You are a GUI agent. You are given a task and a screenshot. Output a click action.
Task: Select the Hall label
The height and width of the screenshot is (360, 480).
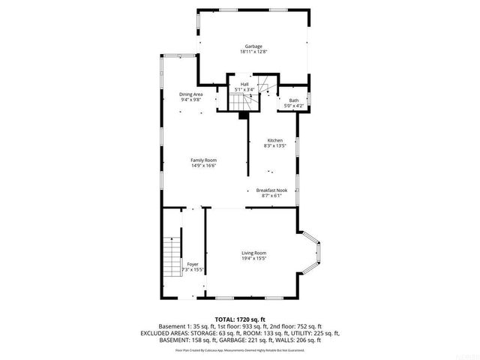(x=244, y=84)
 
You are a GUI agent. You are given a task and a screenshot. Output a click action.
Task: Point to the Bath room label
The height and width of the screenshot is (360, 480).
(x=293, y=100)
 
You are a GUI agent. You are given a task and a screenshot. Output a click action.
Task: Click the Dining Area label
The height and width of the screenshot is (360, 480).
(x=191, y=94)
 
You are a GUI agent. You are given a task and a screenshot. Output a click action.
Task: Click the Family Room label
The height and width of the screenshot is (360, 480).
(x=203, y=160)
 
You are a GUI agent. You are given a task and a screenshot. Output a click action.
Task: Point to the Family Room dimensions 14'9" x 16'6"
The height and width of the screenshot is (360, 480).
(x=203, y=165)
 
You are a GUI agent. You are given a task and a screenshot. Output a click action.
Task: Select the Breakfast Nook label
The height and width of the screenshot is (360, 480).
(x=271, y=190)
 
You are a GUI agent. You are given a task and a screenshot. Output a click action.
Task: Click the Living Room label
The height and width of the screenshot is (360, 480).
(x=253, y=253)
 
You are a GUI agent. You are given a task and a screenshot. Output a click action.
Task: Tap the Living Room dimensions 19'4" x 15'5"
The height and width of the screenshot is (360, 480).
(x=253, y=258)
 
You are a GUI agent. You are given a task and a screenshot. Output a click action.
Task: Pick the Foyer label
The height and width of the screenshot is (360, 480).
(x=193, y=264)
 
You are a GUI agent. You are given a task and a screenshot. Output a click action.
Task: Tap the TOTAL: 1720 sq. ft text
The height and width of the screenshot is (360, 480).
(x=240, y=319)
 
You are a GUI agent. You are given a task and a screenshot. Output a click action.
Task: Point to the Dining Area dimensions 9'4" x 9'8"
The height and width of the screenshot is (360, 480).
(x=191, y=99)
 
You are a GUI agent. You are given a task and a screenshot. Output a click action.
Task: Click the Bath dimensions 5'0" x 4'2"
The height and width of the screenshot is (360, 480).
(x=293, y=106)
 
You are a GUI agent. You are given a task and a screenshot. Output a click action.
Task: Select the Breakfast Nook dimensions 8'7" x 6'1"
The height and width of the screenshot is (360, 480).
(x=271, y=196)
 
